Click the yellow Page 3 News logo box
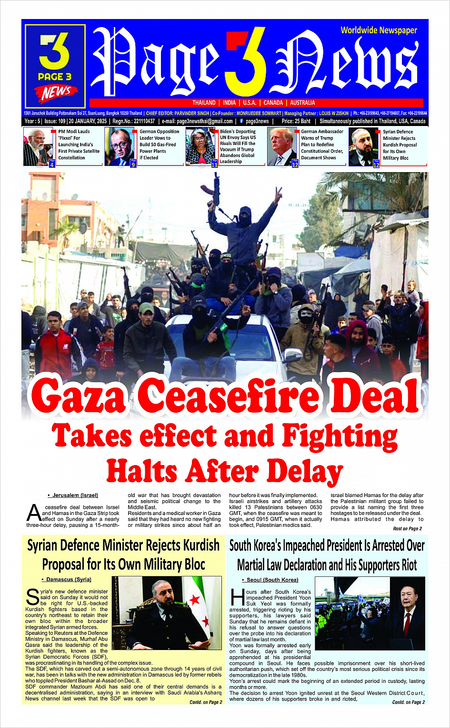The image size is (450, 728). click(x=55, y=66)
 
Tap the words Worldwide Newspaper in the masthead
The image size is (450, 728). click(x=379, y=30)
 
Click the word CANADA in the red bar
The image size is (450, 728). click(x=273, y=103)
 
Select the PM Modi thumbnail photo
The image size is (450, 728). click(x=38, y=146)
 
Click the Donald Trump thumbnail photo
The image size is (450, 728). click(x=282, y=146)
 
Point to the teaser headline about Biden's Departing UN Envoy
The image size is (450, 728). click(x=238, y=146)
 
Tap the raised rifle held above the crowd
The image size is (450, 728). click(x=216, y=188)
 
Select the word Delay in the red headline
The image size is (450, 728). click(x=305, y=472)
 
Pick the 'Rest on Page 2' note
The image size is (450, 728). click(x=407, y=528)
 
